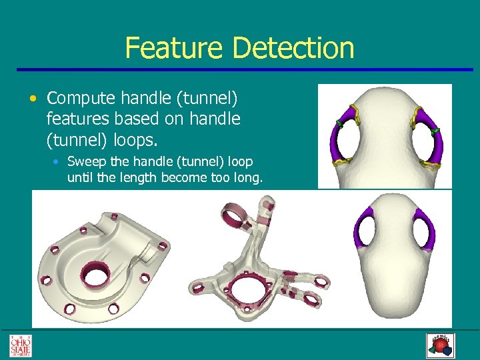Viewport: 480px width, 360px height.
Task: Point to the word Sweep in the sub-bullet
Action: point(84,162)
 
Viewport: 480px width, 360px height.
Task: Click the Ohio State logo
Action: point(20,345)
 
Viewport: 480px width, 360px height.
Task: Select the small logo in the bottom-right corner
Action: point(439,345)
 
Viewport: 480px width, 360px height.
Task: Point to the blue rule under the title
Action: point(239,69)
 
